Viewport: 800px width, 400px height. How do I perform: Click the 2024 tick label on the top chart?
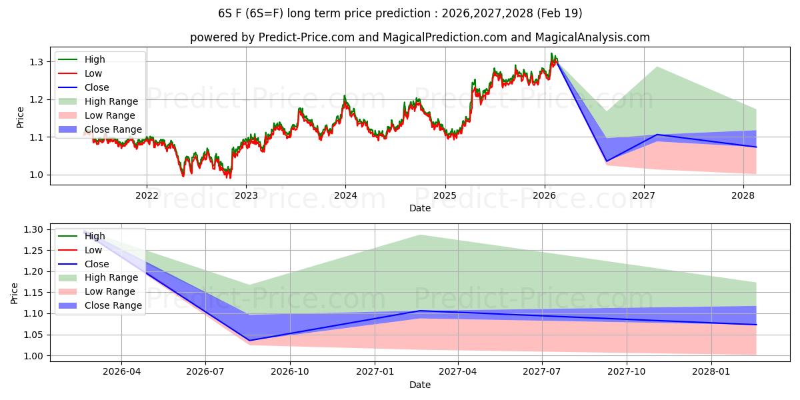[345, 195]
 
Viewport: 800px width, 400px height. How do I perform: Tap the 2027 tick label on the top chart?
[643, 195]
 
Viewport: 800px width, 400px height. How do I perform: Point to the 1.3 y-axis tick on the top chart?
[36, 62]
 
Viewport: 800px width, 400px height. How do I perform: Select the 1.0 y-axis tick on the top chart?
[36, 175]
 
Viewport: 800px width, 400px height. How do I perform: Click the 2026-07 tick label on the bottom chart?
[205, 372]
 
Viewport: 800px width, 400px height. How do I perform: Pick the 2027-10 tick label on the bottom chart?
[627, 372]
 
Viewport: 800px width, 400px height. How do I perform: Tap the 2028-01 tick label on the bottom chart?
[711, 372]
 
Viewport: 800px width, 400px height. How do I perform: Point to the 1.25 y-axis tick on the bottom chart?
[33, 251]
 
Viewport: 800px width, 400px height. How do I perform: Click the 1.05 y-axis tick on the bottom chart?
[33, 335]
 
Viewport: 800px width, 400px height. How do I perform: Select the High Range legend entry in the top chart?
[98, 101]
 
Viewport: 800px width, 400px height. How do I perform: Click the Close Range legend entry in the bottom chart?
[100, 305]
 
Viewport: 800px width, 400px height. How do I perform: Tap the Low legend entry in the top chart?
[80, 73]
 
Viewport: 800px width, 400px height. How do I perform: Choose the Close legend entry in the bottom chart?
[83, 264]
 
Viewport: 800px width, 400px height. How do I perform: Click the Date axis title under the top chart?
[420, 208]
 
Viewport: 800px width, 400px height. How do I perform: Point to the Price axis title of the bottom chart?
[14, 293]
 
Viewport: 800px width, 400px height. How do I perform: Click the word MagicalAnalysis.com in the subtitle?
[592, 37]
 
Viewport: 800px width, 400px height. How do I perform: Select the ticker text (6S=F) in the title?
[264, 13]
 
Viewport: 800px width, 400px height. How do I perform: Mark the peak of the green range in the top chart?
[657, 67]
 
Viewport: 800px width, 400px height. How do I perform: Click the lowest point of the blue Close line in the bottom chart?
[249, 341]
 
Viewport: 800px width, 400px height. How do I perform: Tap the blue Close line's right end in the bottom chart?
[756, 325]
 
